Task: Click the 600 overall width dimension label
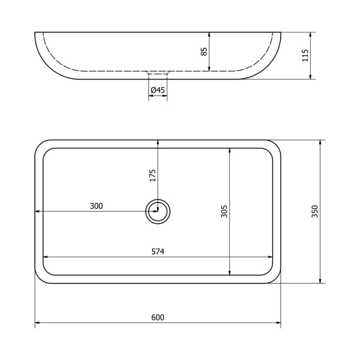(x=158, y=317)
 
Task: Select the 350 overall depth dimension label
(x=315, y=211)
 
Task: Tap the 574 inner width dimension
(x=158, y=252)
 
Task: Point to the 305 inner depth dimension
(x=224, y=211)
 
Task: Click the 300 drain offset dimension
(x=96, y=206)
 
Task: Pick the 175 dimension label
(x=153, y=175)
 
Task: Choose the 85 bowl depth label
(x=204, y=51)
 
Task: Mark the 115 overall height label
(x=305, y=55)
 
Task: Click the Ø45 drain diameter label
(x=158, y=90)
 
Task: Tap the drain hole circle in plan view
(x=158, y=199)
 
